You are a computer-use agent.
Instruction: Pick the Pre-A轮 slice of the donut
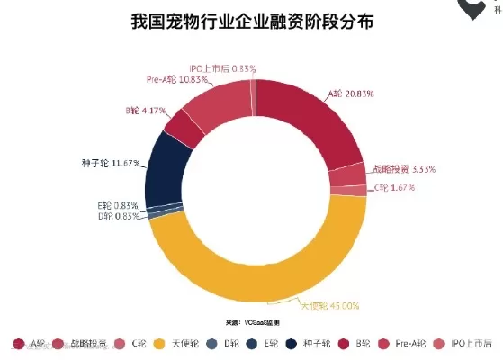pos(217,106)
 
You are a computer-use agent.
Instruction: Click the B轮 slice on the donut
pos(184,129)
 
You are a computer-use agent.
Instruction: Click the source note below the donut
pos(252,321)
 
